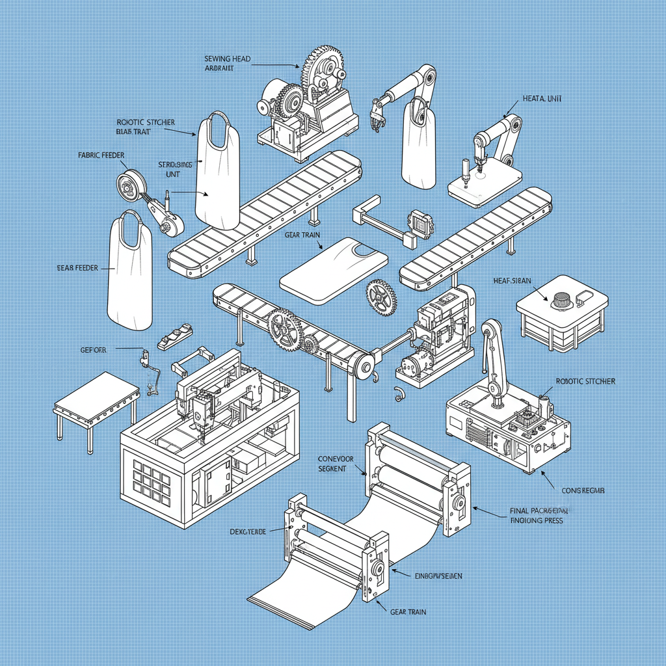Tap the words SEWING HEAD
pos(227,59)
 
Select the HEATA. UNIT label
pos(541,99)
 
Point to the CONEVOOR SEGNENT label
pos(336,464)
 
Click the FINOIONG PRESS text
pos(537,520)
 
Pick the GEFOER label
pos(93,349)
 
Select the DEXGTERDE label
pos(247,531)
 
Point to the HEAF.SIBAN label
pos(513,281)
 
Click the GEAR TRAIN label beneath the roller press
pos(408,612)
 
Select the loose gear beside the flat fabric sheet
pos(381,297)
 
